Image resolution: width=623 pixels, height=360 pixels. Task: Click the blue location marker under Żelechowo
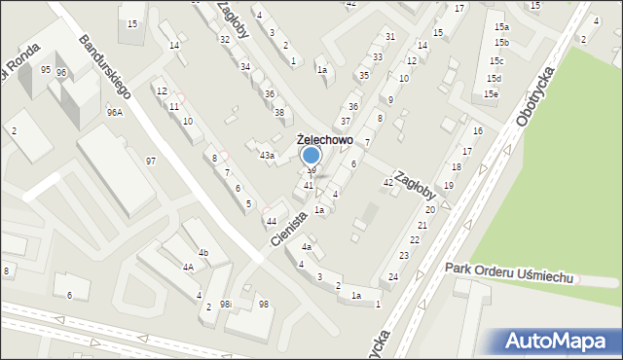coord(311,156)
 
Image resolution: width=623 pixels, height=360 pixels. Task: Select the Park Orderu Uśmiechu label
coord(510,272)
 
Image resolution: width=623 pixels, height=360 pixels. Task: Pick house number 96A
coord(115,112)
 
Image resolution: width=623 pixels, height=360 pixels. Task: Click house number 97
coord(150,161)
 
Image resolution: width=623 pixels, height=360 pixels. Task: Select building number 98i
coord(226,304)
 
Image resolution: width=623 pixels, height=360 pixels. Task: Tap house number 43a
coord(266,155)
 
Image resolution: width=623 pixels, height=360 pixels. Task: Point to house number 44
coord(272,221)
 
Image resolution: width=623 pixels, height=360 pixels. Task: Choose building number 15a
coord(500,27)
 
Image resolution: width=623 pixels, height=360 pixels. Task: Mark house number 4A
coord(189,266)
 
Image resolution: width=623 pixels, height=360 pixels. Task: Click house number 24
coord(393,277)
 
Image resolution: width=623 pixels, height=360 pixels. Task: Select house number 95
coord(46,69)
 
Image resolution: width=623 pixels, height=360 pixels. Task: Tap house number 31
coord(389,36)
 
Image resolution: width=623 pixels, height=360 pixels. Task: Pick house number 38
coord(278,113)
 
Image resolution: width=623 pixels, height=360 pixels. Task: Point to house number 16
coord(477,130)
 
